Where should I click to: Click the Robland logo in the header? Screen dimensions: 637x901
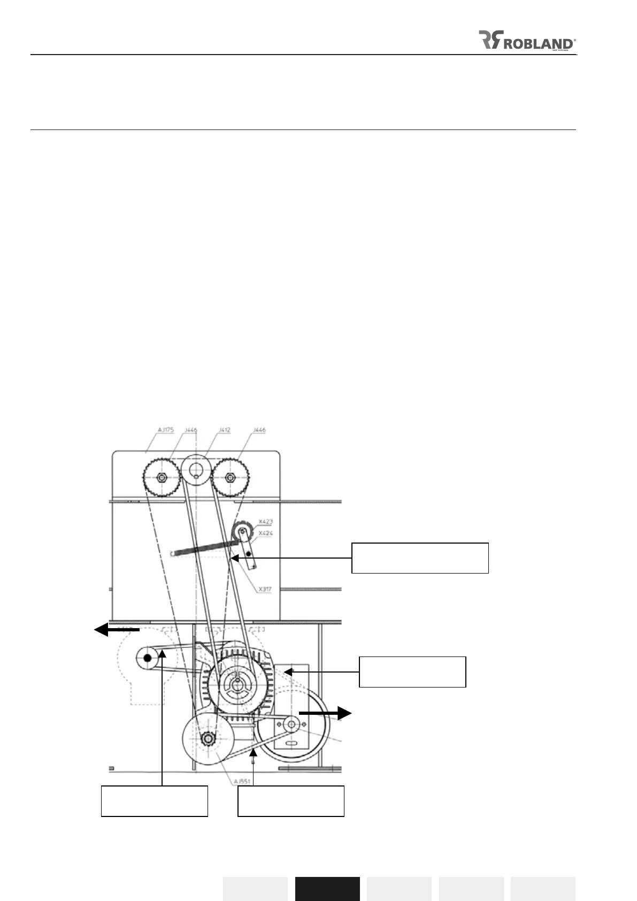526,40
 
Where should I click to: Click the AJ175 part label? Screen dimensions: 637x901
165,430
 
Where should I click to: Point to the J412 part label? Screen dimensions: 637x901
225,430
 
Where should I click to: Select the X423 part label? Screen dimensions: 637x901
266,521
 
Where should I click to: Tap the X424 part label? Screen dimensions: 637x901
266,533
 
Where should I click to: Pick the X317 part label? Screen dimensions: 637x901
265,589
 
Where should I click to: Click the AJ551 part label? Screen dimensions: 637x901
242,782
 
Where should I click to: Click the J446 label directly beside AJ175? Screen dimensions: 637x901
191,430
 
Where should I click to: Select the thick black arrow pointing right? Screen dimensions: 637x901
325,713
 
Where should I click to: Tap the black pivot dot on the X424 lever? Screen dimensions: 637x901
249,554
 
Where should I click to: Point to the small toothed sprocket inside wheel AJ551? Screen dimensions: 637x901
208,739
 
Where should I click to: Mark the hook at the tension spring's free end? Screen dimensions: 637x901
173,554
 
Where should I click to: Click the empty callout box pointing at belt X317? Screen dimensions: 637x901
420,558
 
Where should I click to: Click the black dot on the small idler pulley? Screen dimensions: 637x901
148,658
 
